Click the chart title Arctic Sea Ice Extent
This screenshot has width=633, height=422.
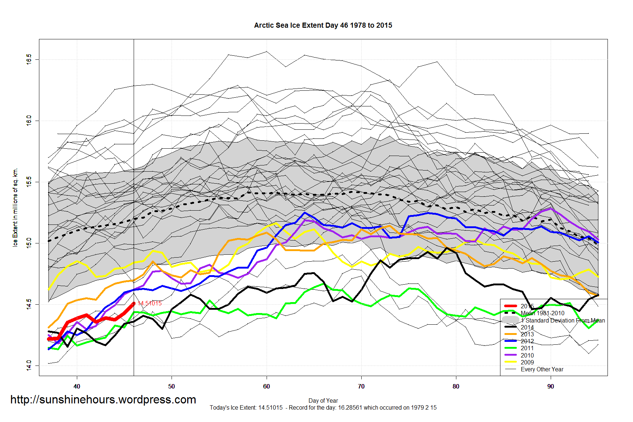click(323, 26)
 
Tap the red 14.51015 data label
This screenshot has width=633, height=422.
click(150, 303)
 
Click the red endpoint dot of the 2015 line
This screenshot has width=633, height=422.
click(134, 303)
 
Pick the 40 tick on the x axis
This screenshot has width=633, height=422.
click(77, 386)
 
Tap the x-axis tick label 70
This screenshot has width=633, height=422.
click(361, 386)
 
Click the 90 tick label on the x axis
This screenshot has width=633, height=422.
click(550, 386)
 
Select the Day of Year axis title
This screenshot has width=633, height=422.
click(323, 400)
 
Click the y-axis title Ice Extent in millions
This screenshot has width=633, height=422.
click(15, 207)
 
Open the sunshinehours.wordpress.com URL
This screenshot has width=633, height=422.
click(103, 399)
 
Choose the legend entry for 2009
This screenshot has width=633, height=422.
click(527, 362)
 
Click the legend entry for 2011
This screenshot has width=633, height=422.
click(527, 348)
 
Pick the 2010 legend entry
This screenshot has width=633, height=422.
click(527, 355)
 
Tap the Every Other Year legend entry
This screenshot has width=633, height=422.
click(542, 369)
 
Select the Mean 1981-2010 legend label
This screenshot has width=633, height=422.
click(542, 313)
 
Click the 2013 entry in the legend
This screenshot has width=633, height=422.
click(527, 334)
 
